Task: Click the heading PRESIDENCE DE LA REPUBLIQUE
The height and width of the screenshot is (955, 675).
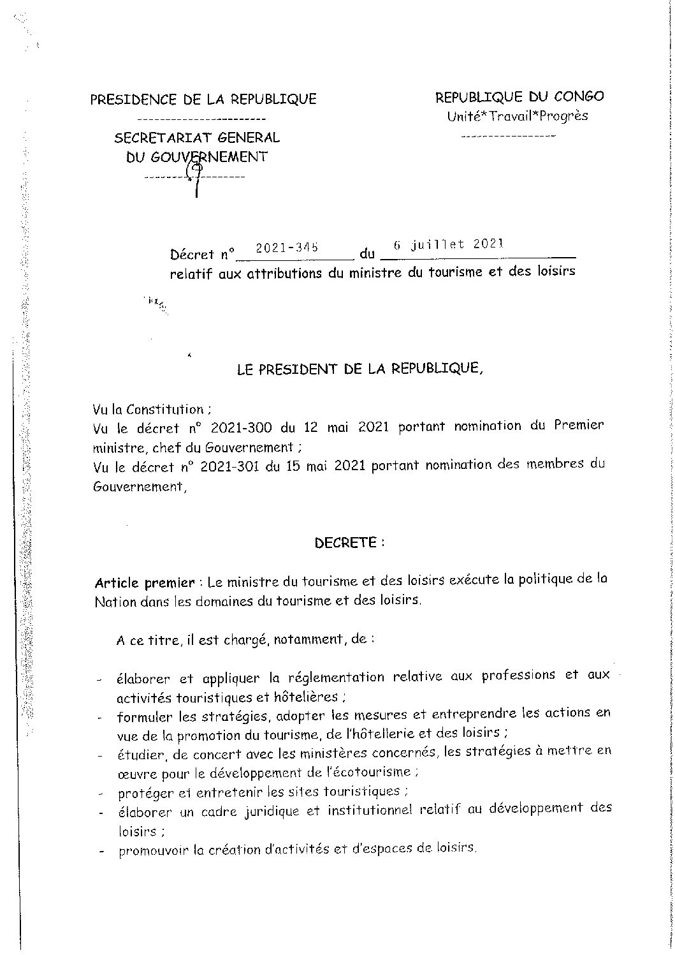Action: click(203, 99)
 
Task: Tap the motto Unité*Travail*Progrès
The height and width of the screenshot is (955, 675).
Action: click(517, 116)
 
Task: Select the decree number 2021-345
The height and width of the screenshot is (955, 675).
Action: click(286, 248)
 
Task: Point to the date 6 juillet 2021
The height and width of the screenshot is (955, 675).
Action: click(448, 244)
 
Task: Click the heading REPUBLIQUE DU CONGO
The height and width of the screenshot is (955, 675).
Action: click(519, 97)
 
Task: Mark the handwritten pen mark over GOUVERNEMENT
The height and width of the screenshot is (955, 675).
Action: click(194, 175)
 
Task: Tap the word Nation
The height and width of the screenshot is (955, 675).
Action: click(115, 602)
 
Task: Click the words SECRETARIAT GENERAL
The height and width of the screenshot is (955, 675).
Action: click(196, 137)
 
